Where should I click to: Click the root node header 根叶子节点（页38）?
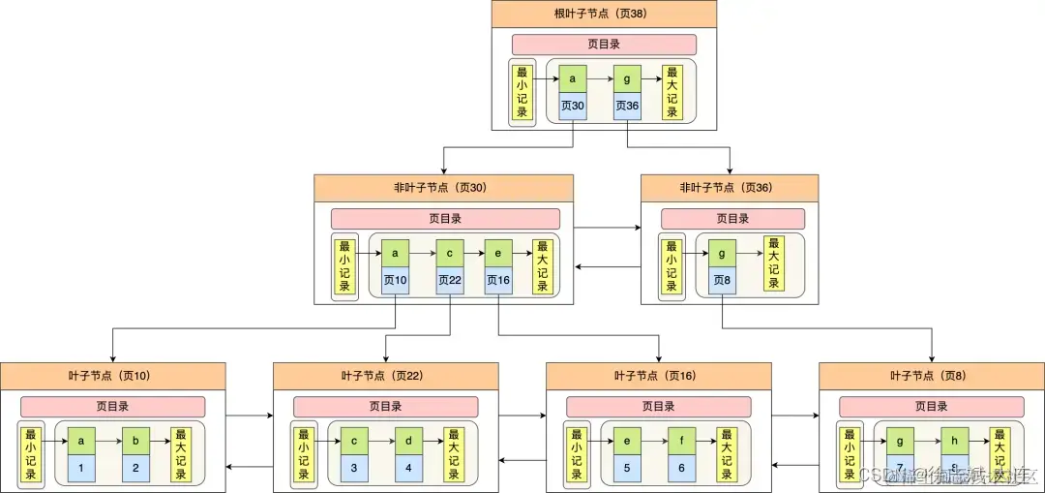tap(604, 15)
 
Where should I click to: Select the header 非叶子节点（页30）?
tap(443, 188)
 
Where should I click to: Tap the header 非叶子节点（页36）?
tap(729, 188)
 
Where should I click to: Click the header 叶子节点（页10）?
tap(112, 376)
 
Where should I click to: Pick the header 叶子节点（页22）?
tap(385, 376)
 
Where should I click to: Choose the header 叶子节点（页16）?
tap(658, 376)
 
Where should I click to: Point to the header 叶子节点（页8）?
tap(931, 376)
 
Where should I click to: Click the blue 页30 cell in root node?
tap(573, 107)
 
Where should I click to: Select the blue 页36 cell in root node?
tap(627, 107)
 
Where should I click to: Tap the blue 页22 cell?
tap(450, 281)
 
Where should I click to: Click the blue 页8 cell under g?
tap(722, 281)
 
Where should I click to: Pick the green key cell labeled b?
tap(135, 441)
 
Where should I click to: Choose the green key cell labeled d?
tap(408, 441)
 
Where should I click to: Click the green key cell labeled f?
tap(681, 441)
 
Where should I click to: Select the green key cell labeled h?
tap(954, 441)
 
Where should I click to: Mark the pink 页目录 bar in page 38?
tap(604, 45)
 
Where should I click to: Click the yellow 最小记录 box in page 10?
tap(31, 455)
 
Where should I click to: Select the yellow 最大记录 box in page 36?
tap(773, 263)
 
